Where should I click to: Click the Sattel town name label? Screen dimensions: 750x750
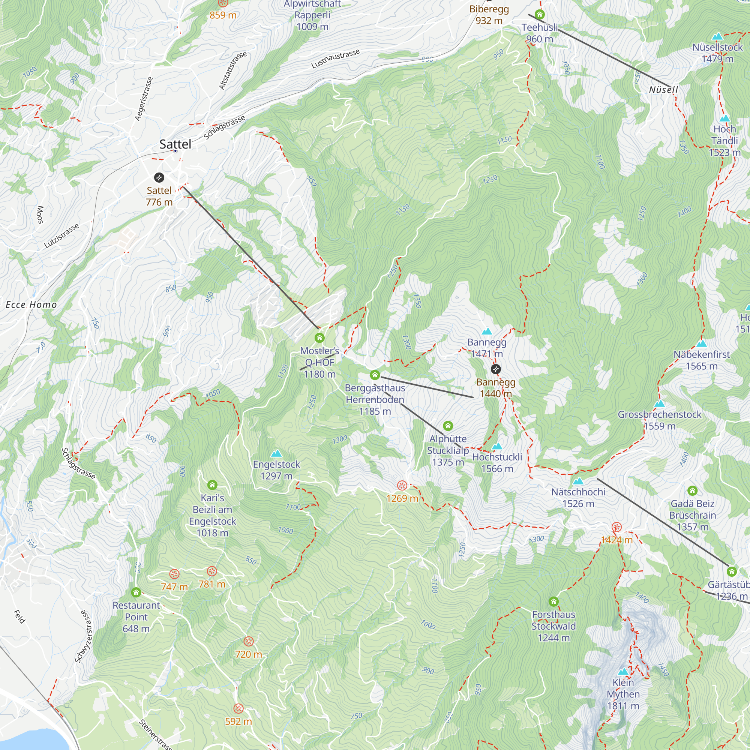pos(175,144)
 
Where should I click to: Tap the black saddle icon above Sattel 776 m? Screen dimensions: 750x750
pos(159,178)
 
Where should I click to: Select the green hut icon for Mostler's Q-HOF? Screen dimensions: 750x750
pos(319,338)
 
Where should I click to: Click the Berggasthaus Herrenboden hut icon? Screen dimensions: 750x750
pos(375,375)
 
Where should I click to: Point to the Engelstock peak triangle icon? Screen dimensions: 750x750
pos(276,453)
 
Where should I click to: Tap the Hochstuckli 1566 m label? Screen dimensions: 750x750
pos(497,463)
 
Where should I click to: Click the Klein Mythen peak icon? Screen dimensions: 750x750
pos(623,672)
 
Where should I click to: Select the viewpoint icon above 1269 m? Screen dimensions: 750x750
pos(402,485)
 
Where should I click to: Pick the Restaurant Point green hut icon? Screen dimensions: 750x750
pos(136,592)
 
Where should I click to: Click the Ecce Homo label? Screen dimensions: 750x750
pos(31,305)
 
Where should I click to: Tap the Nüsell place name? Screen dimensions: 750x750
pos(663,90)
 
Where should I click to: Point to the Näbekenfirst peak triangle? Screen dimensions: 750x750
pos(702,343)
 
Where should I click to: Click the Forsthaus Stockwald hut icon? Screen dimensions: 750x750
pos(553,602)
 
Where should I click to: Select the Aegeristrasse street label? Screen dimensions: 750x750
pos(144,99)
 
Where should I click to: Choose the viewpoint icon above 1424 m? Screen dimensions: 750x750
pos(616,527)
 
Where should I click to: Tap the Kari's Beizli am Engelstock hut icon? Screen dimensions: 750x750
pos(212,485)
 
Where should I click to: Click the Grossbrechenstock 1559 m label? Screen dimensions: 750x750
pos(660,420)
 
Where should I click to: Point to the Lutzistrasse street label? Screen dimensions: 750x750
pos(62,235)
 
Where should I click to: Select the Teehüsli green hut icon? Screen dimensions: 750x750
pos(540,15)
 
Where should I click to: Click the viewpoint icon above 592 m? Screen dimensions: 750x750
pos(238,708)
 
